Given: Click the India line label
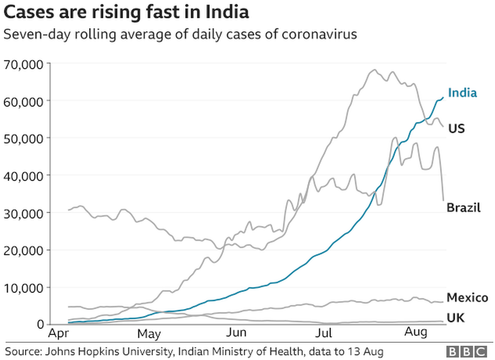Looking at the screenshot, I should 462,93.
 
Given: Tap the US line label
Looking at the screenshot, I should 456,129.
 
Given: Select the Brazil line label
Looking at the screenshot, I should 463,208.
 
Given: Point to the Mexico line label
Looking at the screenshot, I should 467,298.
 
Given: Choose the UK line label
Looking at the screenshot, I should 455,318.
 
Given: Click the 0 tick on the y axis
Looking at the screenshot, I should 40,325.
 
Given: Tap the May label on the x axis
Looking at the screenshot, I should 149,334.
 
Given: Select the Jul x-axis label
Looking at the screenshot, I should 323,334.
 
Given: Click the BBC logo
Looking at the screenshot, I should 468,351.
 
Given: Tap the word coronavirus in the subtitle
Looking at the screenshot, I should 324,34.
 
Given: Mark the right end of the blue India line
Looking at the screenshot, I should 443,97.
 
